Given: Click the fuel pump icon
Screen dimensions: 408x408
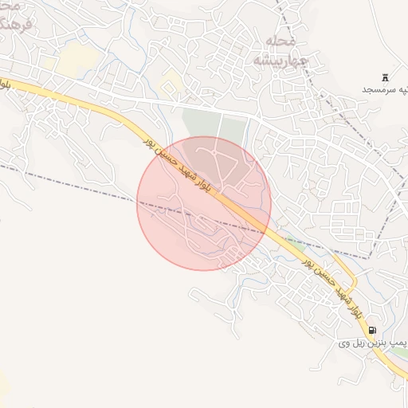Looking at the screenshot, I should point(372,330).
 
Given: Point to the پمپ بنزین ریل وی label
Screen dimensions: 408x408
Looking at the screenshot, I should point(372,343).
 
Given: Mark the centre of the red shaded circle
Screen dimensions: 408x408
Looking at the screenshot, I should point(204,203).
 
